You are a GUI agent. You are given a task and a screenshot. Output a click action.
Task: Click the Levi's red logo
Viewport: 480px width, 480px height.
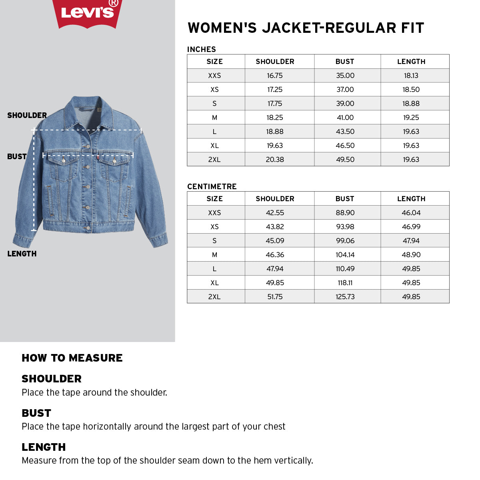(87, 13)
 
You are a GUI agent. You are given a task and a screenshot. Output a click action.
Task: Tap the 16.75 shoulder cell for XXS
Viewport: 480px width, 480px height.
(275, 76)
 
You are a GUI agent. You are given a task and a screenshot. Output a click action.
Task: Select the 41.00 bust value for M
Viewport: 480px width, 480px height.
(345, 118)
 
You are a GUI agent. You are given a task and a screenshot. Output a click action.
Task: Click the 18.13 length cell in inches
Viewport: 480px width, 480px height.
(411, 76)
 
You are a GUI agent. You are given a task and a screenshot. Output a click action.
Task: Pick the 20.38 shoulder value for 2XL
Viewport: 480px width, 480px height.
(275, 160)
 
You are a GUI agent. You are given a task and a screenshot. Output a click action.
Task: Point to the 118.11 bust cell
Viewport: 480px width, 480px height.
(345, 283)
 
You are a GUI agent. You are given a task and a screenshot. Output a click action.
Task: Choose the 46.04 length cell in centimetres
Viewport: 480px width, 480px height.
(411, 213)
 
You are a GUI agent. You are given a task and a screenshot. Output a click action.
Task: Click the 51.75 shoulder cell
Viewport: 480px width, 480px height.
(275, 297)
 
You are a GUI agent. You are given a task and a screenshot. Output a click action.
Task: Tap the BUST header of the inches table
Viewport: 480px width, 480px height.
(345, 62)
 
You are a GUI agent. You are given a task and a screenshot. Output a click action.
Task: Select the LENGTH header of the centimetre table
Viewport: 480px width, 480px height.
(411, 199)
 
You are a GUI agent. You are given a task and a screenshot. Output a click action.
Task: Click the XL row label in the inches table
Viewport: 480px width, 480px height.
(214, 146)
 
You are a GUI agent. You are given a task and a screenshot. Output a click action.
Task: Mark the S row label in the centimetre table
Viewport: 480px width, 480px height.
(214, 241)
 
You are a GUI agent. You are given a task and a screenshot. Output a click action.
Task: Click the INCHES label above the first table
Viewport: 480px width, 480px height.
(202, 49)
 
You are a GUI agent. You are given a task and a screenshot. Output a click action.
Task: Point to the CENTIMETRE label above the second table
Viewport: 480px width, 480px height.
(212, 186)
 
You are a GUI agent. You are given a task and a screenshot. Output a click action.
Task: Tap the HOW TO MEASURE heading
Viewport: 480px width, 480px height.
(72, 358)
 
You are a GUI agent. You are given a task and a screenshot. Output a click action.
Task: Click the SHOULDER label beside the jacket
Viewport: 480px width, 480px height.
(27, 115)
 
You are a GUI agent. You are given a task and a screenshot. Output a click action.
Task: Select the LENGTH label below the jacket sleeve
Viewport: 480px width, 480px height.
(22, 254)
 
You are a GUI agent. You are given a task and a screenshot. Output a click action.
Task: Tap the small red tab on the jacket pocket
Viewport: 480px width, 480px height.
(98, 159)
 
